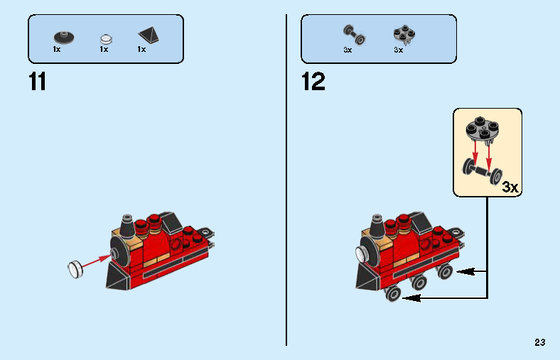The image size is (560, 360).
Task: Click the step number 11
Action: pos(37,82)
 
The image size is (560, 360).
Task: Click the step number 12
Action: pos(313,82)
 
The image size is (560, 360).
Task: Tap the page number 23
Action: pos(540,342)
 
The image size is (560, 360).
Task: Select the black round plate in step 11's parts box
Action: pos(62,36)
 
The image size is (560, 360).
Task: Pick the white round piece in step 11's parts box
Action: pos(105,37)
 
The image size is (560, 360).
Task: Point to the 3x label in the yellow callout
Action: pos(510,187)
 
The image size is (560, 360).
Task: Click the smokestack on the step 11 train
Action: pos(126,225)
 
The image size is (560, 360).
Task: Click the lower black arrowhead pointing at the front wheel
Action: pos(407,298)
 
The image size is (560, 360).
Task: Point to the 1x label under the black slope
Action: pos(141,50)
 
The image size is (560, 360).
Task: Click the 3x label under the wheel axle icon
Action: pos(348,50)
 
